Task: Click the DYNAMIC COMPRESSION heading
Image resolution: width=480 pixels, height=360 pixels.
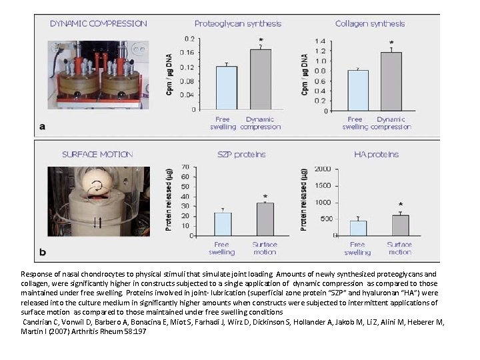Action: pos(98,23)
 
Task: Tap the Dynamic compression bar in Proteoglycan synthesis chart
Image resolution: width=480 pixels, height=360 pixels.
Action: pos(260,79)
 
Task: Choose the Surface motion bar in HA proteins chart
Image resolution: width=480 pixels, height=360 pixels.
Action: pos(400,225)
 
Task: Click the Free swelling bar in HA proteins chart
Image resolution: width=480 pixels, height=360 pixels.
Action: pos(359,228)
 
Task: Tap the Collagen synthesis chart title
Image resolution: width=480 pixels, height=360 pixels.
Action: pos(370,23)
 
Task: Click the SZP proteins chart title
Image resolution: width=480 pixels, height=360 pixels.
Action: pos(241,154)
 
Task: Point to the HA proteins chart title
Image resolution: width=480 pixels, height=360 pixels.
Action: pos(376,154)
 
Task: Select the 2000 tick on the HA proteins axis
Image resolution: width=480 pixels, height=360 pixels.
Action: pos(323,168)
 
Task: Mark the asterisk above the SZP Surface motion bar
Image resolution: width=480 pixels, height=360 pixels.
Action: pos(265,197)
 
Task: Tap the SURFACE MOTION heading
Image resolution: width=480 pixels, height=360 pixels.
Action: pos(97,154)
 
